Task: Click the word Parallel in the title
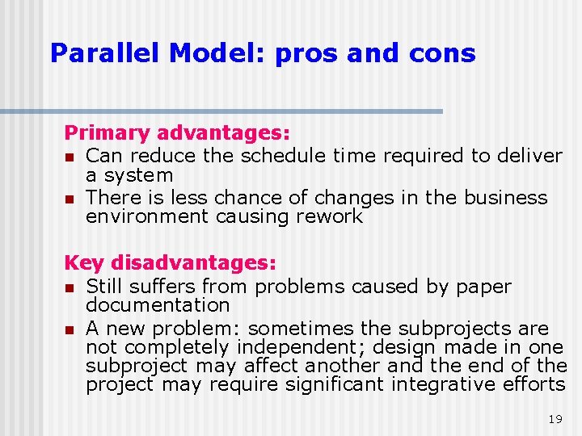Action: click(104, 53)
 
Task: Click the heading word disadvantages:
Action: click(194, 263)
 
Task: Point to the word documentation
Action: click(158, 305)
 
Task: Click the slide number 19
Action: click(555, 419)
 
